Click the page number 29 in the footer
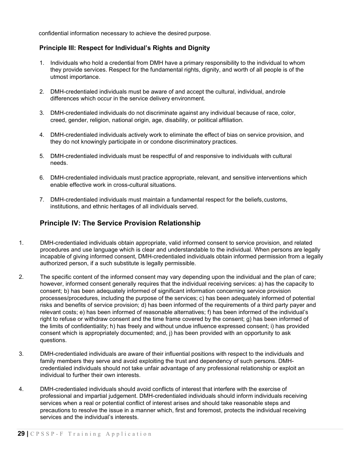tap(21, 434)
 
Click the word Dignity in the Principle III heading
tap(197, 48)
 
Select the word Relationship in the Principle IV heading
tap(180, 223)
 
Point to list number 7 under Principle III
tap(42, 200)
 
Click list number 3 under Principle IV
tap(21, 354)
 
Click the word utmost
tap(59, 77)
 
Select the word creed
tap(58, 120)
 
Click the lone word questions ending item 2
tap(53, 340)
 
